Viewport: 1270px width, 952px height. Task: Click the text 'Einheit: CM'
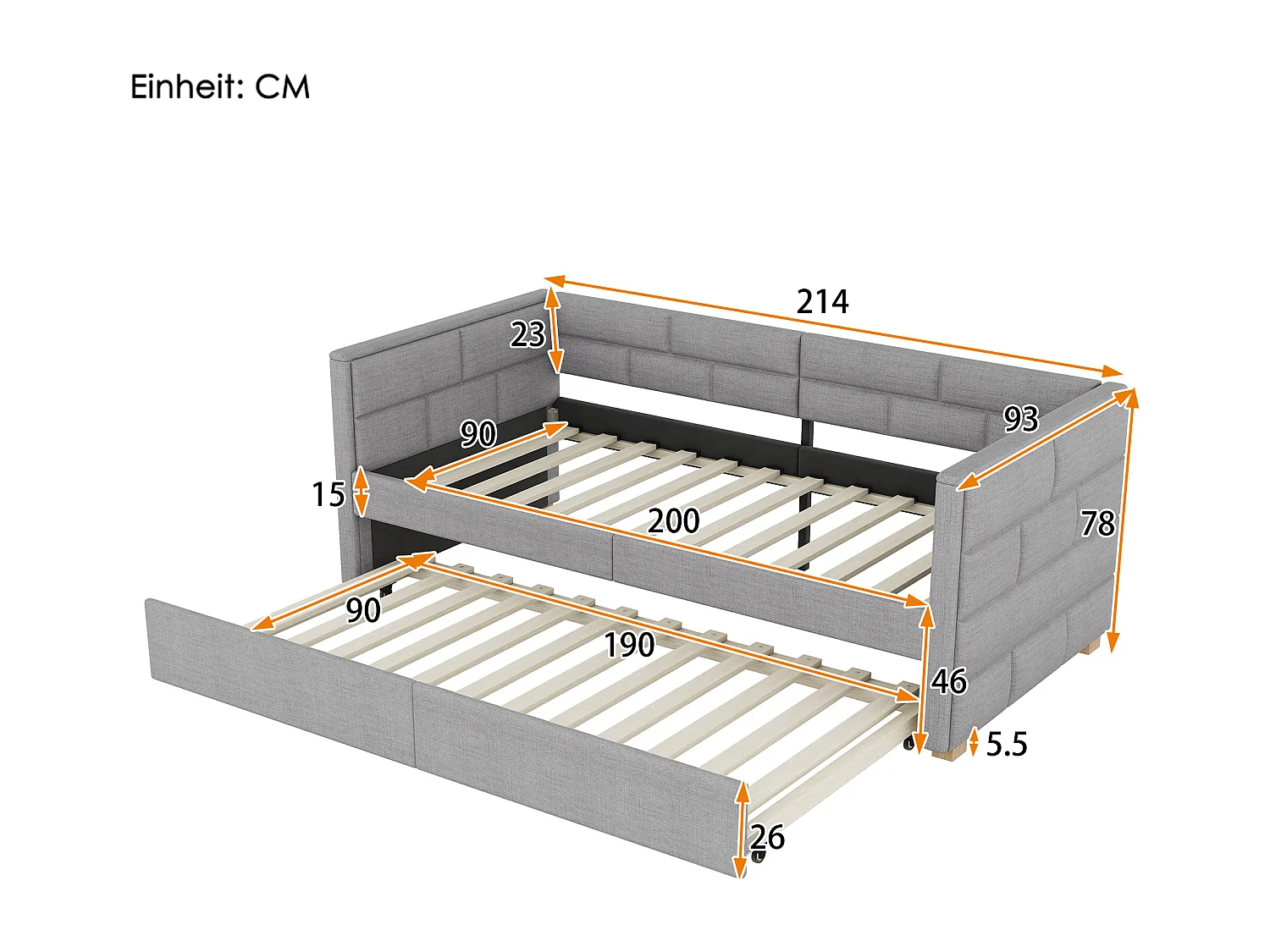click(219, 87)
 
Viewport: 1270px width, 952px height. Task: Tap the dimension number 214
click(821, 302)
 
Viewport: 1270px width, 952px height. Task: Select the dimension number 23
click(527, 334)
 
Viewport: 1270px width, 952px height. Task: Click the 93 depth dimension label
click(1020, 418)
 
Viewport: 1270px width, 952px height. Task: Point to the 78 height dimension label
click(1097, 525)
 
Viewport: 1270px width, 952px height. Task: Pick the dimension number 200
click(673, 520)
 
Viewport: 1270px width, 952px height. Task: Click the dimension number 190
click(628, 646)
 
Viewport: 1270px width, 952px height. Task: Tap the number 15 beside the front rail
click(328, 495)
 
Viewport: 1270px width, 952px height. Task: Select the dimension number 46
click(948, 681)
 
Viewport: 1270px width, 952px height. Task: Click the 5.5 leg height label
click(1007, 745)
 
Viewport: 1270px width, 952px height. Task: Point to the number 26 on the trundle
click(767, 838)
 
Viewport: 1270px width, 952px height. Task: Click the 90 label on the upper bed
click(478, 434)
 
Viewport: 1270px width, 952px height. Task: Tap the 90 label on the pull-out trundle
click(362, 610)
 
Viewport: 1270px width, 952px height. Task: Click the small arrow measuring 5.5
click(974, 742)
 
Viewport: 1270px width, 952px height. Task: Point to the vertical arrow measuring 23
click(554, 331)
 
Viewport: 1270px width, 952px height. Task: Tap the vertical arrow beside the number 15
click(361, 492)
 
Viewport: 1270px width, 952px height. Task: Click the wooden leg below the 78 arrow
click(1093, 647)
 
